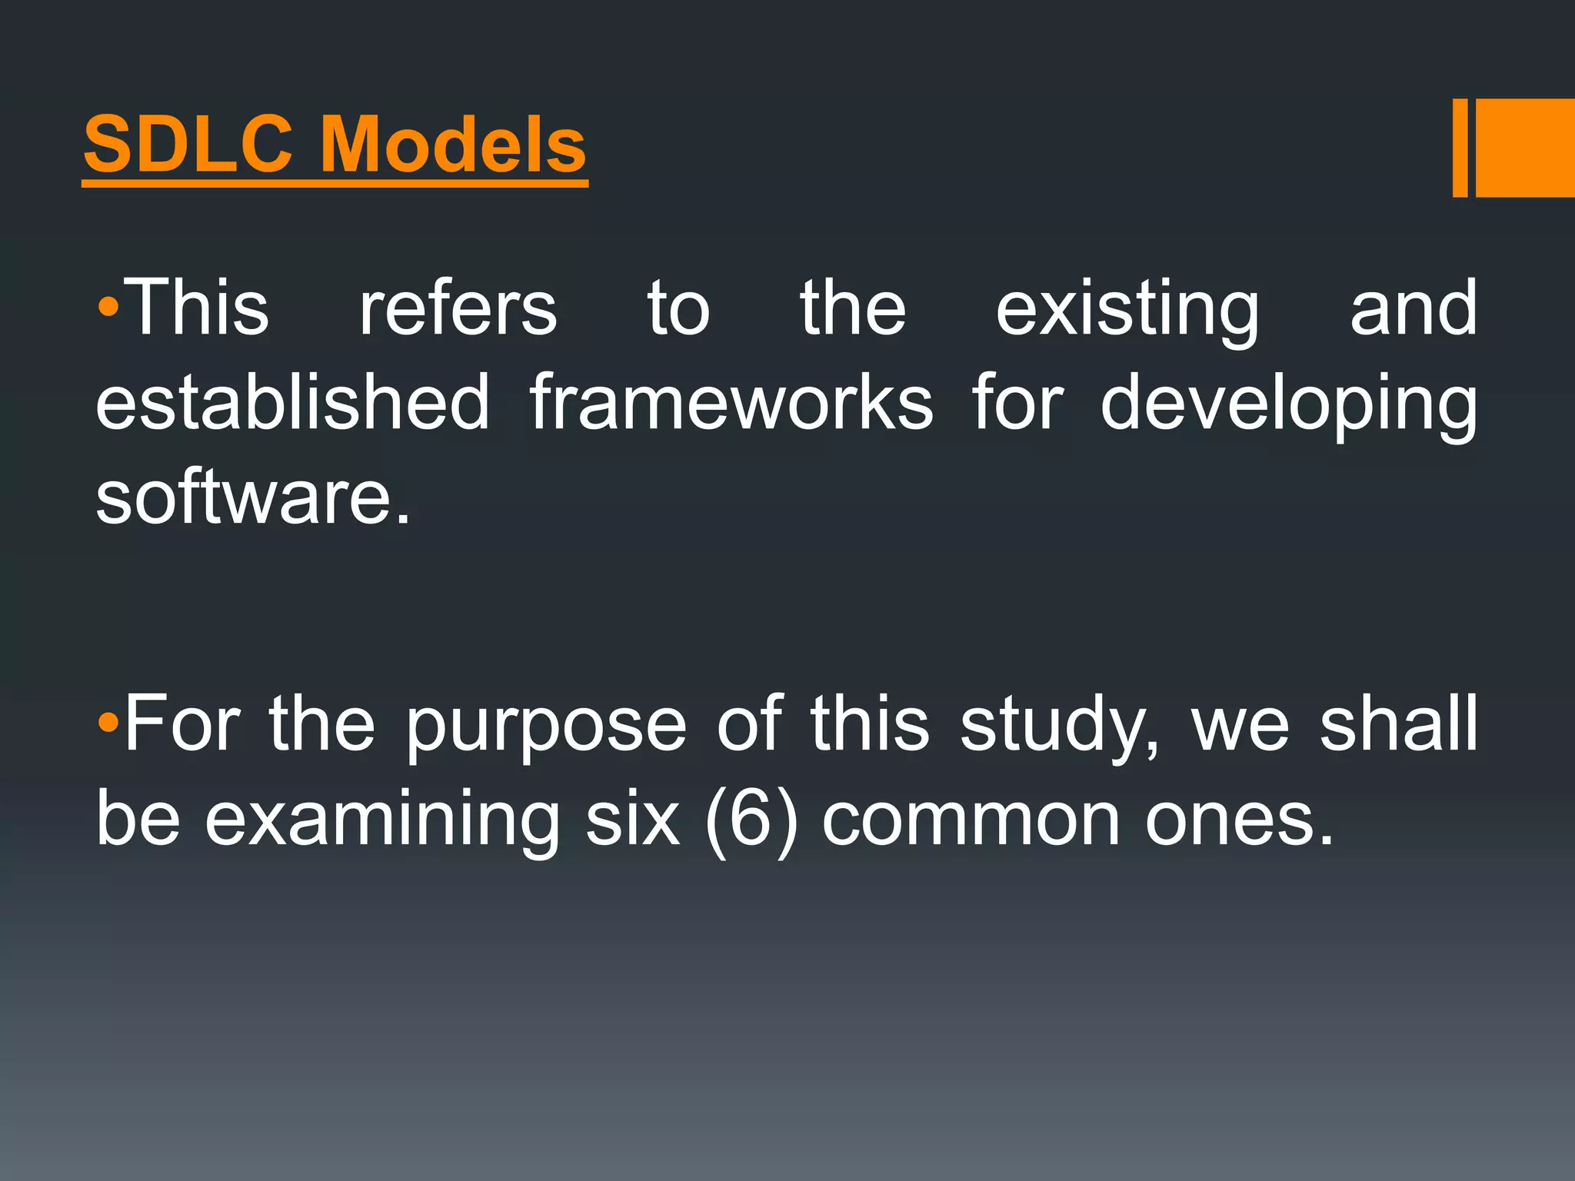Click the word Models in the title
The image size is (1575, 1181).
[x=453, y=145]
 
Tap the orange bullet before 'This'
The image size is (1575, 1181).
[x=108, y=308]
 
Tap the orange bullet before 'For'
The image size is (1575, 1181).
[x=108, y=723]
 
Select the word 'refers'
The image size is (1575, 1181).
[x=458, y=308]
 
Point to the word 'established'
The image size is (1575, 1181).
[x=292, y=402]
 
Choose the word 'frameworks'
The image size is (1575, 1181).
[x=731, y=402]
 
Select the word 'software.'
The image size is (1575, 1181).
[x=253, y=497]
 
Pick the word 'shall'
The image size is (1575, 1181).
[x=1399, y=723]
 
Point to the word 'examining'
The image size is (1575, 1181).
[x=381, y=821]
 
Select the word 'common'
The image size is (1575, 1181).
[x=971, y=820]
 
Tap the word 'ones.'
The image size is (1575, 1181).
[x=1239, y=820]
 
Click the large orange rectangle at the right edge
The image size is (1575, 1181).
[x=1525, y=148]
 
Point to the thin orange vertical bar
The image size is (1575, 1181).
[x=1460, y=148]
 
